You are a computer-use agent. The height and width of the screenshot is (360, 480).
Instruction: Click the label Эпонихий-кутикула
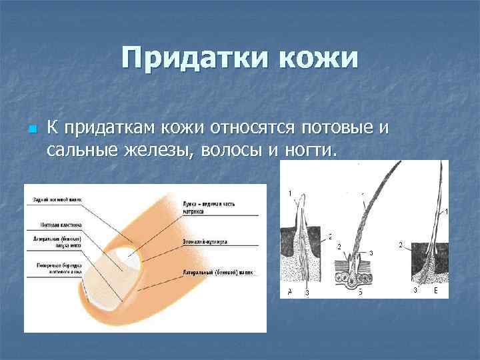[204, 242]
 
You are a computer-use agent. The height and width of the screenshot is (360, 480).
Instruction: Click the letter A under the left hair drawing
[289, 292]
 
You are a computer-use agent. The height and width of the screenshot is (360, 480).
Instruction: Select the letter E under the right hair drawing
[435, 291]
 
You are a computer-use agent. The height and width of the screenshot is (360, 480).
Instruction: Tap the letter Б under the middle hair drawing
[360, 292]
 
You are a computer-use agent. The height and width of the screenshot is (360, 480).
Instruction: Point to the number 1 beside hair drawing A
[289, 193]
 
